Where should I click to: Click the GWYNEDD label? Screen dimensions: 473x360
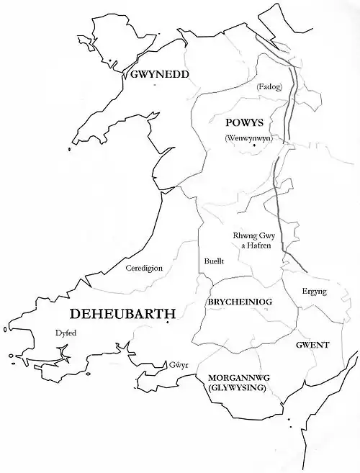[159, 74]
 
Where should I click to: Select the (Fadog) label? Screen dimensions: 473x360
[269, 87]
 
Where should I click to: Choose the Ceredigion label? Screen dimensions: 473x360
[144, 268]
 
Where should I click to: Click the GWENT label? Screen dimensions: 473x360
[312, 345]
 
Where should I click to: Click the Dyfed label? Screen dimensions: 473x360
[65, 333]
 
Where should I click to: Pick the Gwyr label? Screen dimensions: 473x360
[179, 365]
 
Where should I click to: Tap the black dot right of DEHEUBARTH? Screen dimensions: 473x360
[167, 323]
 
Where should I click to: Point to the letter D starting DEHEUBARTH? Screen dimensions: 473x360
[76, 314]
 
